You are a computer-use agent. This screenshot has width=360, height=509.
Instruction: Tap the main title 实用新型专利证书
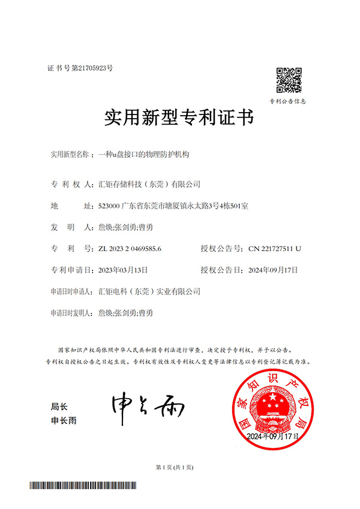click(179, 118)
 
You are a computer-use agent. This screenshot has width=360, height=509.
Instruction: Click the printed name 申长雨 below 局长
click(64, 421)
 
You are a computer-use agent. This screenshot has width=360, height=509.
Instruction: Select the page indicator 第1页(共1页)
click(174, 467)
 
